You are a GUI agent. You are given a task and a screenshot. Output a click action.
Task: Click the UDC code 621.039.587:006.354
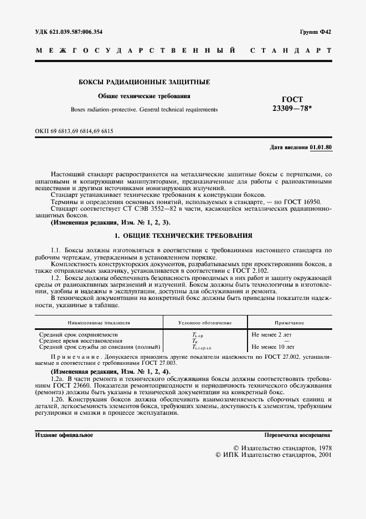click(x=73, y=32)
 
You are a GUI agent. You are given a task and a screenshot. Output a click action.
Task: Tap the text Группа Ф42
click(x=316, y=32)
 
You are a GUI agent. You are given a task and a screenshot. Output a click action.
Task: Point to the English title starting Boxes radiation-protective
click(x=144, y=109)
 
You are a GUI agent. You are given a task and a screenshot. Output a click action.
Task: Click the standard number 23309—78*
click(x=292, y=109)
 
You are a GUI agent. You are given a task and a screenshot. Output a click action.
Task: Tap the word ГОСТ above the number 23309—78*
click(x=292, y=99)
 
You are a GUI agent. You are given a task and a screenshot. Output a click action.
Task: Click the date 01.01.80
click(x=321, y=147)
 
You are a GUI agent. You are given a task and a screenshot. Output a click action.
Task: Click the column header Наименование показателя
click(x=99, y=322)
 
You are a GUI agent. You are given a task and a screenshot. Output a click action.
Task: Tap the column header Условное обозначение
click(x=205, y=322)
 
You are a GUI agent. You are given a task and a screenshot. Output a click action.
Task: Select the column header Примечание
click(x=289, y=322)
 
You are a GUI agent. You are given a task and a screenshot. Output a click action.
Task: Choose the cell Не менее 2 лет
click(x=270, y=335)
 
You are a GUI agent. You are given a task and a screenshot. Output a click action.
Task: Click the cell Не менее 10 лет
click(x=272, y=347)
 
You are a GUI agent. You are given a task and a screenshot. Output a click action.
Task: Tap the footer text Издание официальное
click(x=64, y=435)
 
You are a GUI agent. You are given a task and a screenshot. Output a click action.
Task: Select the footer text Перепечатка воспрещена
click(x=297, y=435)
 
